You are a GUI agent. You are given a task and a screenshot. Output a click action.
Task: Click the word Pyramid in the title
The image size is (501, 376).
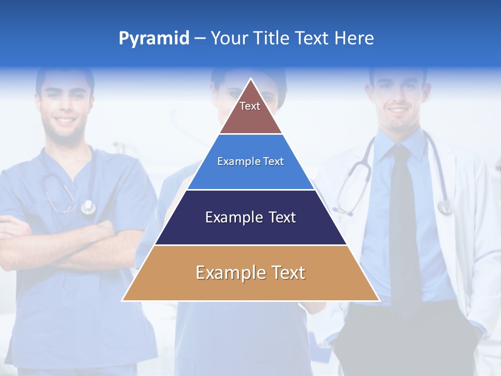click(x=153, y=39)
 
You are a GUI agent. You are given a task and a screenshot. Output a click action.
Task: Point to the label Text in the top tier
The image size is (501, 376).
click(x=250, y=106)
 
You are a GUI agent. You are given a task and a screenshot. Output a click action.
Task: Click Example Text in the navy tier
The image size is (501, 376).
click(x=250, y=217)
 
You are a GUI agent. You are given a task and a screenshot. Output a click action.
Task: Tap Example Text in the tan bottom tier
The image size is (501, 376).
click(x=250, y=273)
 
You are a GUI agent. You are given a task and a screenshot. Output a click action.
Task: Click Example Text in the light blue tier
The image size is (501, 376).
click(x=250, y=161)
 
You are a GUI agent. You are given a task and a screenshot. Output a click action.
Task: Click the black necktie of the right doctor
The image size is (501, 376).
click(x=404, y=219)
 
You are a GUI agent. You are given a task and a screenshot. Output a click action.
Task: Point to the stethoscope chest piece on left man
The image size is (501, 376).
click(x=88, y=207)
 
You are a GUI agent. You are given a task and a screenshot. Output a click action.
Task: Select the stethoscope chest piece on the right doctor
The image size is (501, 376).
click(x=445, y=207)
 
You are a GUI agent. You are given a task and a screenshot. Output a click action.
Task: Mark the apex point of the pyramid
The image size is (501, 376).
click(x=251, y=79)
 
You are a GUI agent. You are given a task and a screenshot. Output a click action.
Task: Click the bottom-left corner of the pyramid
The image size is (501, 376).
click(x=123, y=300)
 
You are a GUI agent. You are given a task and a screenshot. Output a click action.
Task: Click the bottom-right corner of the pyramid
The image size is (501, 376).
click(x=379, y=300)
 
